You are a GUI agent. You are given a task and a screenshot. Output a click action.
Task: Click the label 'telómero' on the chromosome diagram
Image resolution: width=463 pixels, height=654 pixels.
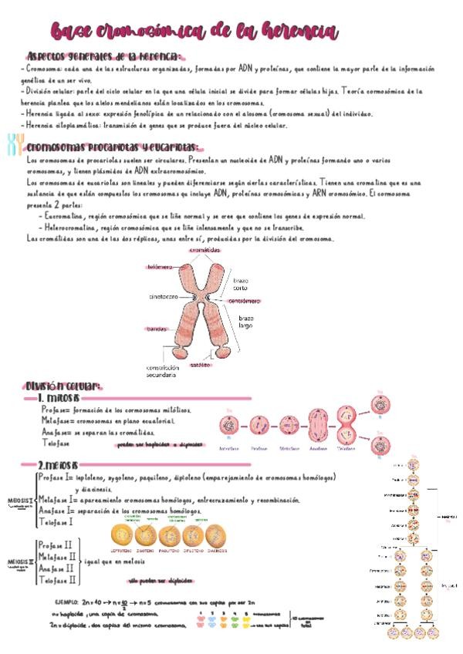[161, 267]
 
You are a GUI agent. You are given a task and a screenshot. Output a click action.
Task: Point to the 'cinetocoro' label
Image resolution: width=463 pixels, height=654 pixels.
[164, 296]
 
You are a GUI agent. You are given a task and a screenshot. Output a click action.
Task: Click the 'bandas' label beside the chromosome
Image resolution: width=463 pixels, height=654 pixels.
[157, 329]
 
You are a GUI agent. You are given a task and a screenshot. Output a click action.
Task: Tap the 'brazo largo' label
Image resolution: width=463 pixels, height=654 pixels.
[245, 322]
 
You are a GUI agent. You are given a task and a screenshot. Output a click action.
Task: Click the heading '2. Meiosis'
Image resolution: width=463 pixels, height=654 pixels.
[59, 466]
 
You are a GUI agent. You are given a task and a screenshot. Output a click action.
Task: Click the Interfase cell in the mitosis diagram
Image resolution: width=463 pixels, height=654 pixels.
[228, 426]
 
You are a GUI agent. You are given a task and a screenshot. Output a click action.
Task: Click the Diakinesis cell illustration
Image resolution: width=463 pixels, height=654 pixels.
[218, 535]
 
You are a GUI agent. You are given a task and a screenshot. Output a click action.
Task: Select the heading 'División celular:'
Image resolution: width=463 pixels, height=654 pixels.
[63, 386]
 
